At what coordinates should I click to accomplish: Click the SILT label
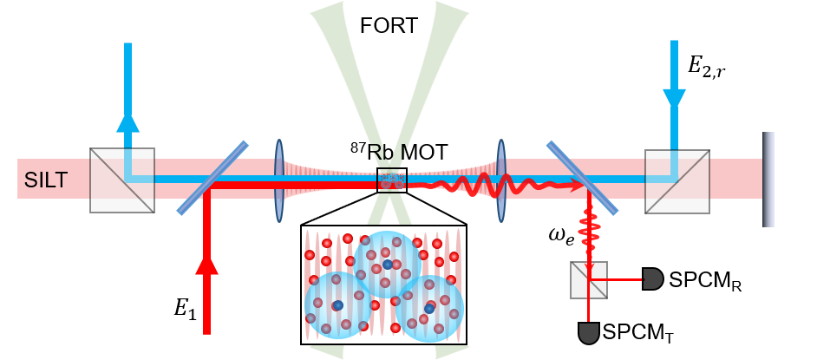pos(45,180)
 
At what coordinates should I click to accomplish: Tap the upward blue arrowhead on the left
pos(127,121)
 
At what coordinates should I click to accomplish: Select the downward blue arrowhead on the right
pos(674,99)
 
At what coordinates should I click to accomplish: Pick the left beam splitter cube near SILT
pos(122,180)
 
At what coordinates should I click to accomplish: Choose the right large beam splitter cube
pos(676,181)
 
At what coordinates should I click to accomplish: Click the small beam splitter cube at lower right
pos(588,280)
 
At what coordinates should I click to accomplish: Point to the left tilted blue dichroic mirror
pos(212,178)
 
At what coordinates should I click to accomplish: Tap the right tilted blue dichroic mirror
pos(582,178)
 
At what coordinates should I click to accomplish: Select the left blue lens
pos(279,180)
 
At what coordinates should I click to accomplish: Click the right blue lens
pos(501,180)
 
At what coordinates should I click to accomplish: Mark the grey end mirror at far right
pos(768,180)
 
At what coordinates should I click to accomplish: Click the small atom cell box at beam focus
pos(391,180)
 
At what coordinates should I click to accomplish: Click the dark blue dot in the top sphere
pos(388,264)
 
